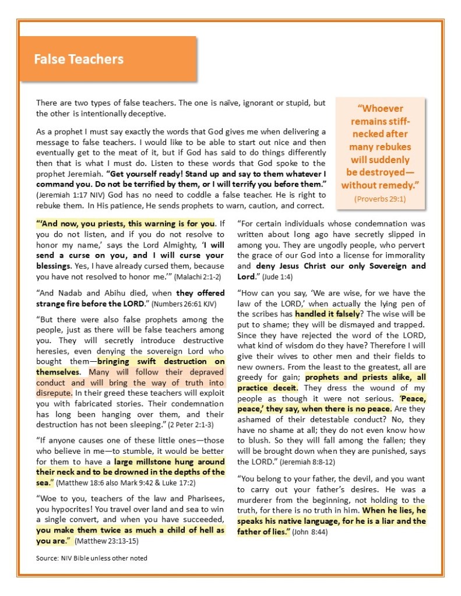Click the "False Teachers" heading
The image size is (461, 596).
[78, 59]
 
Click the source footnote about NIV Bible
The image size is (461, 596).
[92, 558]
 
